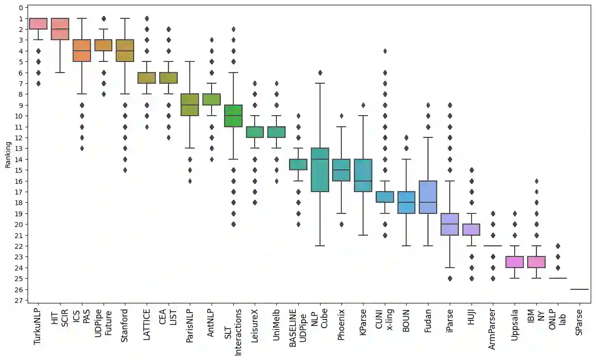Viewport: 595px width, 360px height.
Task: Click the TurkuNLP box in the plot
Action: coord(38,24)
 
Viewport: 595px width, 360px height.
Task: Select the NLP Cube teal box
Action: coord(320,170)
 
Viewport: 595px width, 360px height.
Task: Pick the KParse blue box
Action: coord(363,175)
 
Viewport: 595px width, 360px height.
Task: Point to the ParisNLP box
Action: coord(189,105)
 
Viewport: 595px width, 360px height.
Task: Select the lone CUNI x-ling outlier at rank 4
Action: coord(385,51)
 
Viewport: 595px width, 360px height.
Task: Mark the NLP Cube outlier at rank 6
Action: coord(320,73)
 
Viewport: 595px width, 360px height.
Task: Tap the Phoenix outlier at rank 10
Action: coord(341,116)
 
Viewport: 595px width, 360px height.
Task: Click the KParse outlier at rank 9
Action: coord(363,105)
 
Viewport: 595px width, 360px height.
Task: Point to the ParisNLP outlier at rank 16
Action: coord(189,181)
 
